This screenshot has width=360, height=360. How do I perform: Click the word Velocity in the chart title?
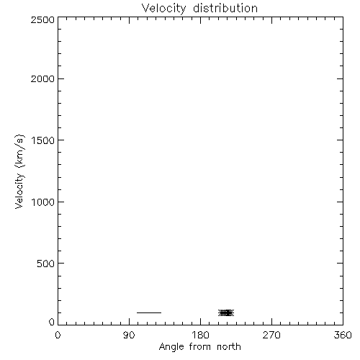(163, 9)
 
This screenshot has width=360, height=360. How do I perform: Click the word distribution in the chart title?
(225, 8)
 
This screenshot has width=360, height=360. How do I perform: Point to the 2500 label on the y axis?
(42, 19)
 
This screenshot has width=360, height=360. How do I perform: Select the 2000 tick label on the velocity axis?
(42, 78)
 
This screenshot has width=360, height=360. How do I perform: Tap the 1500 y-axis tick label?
(43, 140)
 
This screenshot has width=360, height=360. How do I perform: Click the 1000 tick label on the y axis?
(43, 202)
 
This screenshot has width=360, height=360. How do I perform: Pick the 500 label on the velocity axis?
(46, 264)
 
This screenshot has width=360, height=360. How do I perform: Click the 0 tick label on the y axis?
(52, 322)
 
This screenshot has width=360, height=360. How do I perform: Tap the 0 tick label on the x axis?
(58, 335)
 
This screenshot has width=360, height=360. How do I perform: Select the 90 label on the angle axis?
(129, 335)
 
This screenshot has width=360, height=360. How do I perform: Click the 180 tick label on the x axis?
(200, 335)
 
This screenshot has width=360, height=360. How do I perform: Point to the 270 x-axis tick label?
(271, 335)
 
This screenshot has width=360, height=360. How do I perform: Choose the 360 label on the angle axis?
(343, 335)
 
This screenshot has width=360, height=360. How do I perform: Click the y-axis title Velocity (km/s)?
(19, 171)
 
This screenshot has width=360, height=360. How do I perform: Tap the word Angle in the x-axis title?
(171, 347)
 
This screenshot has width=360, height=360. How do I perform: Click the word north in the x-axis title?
(229, 347)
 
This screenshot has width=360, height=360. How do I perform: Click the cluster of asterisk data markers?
(226, 312)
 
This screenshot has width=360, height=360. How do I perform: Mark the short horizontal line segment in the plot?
(149, 312)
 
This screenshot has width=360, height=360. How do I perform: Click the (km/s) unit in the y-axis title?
(19, 151)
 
